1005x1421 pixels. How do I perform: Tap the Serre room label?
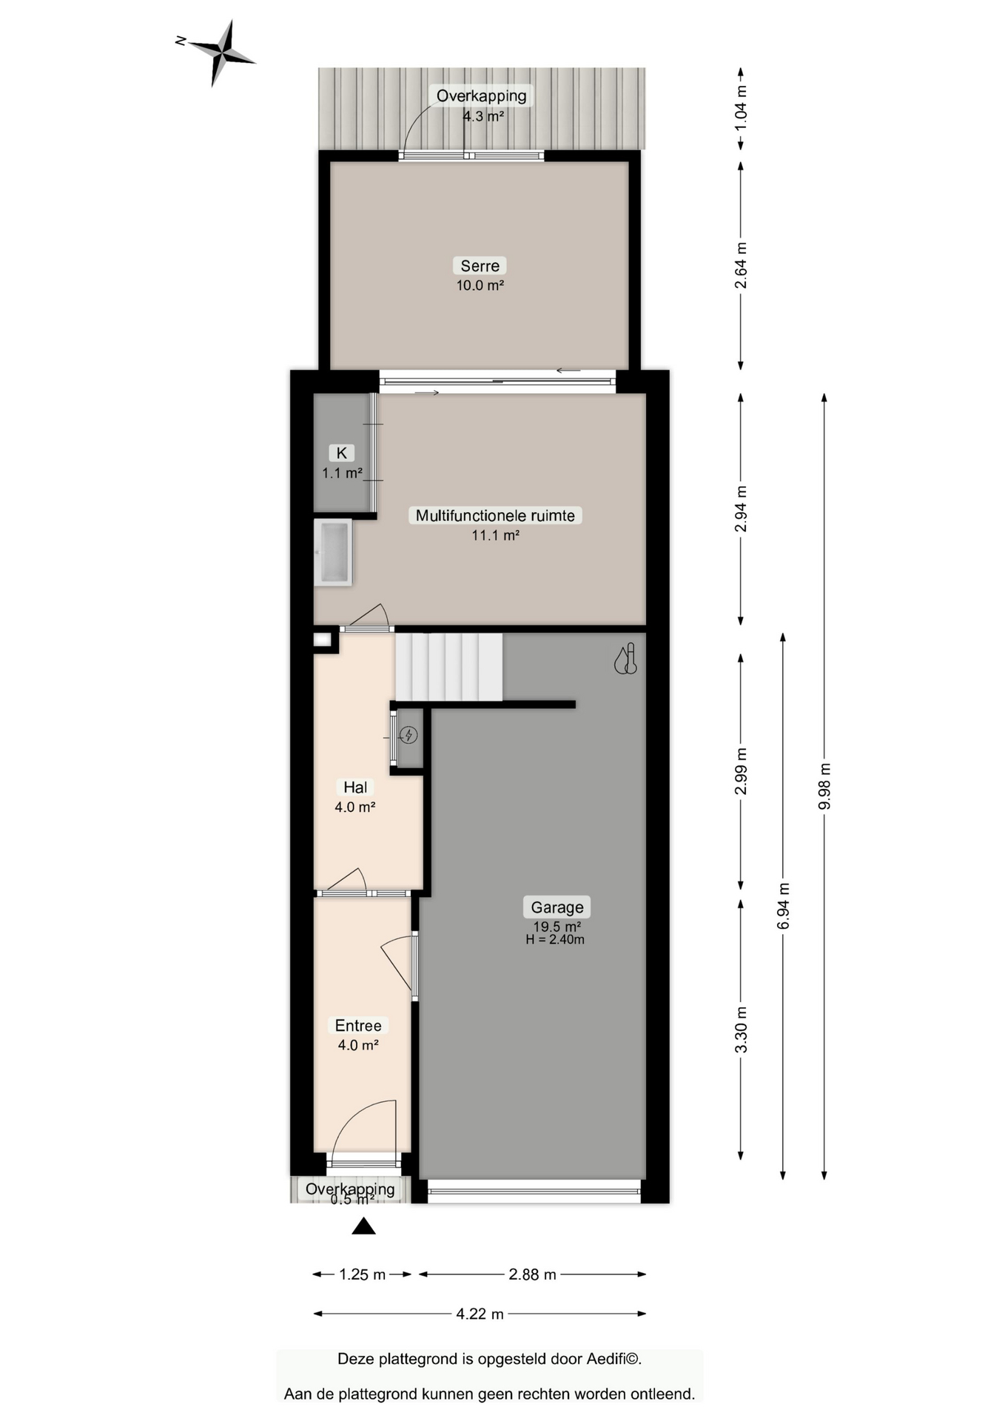coord(480,266)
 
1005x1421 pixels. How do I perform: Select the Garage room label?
coord(557,907)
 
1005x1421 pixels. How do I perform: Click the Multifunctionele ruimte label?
coord(495,515)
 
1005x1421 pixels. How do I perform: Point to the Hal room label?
coord(355,787)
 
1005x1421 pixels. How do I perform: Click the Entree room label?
coord(358,1025)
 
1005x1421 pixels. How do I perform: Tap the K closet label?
coord(342,453)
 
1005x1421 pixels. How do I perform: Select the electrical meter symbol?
coord(409,735)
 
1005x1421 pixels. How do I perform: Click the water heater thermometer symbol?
coord(626,659)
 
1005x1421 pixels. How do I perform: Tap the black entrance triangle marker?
coord(363,1226)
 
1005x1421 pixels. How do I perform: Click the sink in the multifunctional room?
coord(333,553)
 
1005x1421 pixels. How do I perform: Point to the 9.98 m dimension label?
coord(824,786)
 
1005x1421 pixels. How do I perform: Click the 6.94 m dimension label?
coord(783,906)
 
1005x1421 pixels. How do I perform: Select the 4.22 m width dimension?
coord(480,1314)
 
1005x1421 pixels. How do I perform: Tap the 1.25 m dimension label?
coord(363,1274)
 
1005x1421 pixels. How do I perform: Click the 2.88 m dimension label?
coord(532,1274)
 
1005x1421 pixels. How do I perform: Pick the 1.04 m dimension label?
coord(741,108)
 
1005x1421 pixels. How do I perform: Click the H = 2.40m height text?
coord(555,939)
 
